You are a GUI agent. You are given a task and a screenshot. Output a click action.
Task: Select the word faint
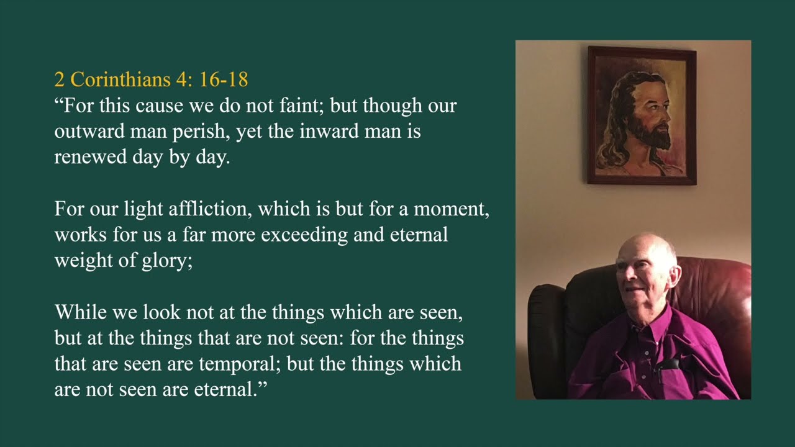click(301, 106)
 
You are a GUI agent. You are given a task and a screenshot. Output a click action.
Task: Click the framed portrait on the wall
click(642, 115)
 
